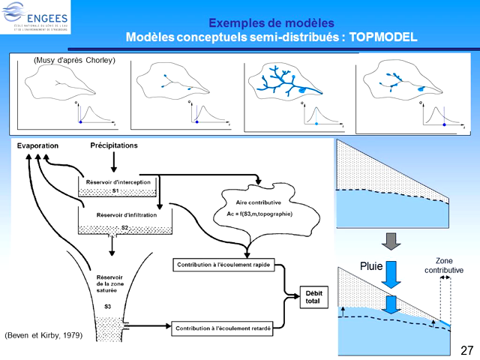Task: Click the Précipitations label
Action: (114, 145)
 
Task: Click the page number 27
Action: (466, 350)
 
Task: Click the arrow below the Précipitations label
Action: (113, 160)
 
